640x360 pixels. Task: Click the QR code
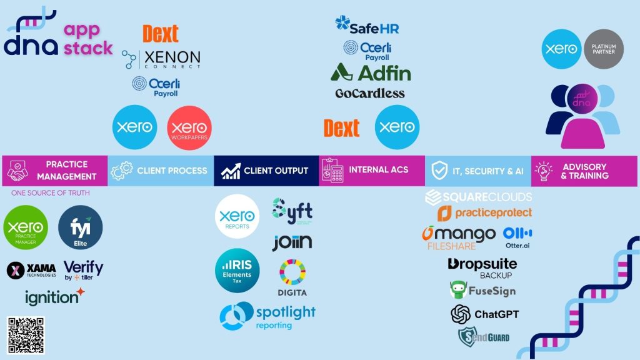(x=26, y=336)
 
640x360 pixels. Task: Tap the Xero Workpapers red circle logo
(x=189, y=127)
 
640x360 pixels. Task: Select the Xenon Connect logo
(x=162, y=59)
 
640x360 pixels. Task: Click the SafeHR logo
(x=367, y=26)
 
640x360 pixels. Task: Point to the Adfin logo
(x=371, y=72)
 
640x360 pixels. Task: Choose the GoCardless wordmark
(x=370, y=94)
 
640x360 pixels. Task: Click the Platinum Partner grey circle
(x=604, y=48)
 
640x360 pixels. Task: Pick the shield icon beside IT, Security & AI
(x=440, y=171)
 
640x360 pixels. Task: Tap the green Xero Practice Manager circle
(x=26, y=229)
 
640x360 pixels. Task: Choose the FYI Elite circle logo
(x=80, y=228)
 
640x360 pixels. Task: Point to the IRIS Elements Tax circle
(x=237, y=270)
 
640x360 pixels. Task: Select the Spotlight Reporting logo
(x=267, y=316)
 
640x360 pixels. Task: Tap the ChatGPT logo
(x=485, y=314)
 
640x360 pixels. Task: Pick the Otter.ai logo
(x=517, y=237)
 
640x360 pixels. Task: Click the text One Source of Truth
(x=50, y=193)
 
